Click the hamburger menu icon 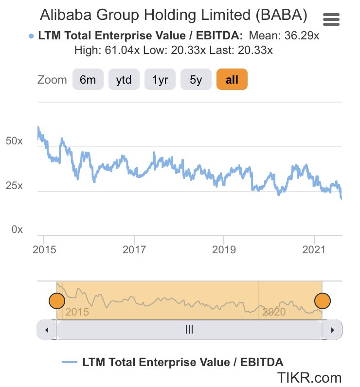coord(331,20)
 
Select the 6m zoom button coord(88,80)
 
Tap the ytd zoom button coord(124,80)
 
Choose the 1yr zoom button coord(160,80)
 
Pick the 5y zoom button coord(196,80)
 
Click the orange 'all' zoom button coord(232,80)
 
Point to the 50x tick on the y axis coord(14,141)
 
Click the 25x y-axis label coord(14,186)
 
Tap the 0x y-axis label coord(17,229)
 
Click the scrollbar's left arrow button coord(47,330)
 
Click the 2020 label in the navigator coord(274,312)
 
